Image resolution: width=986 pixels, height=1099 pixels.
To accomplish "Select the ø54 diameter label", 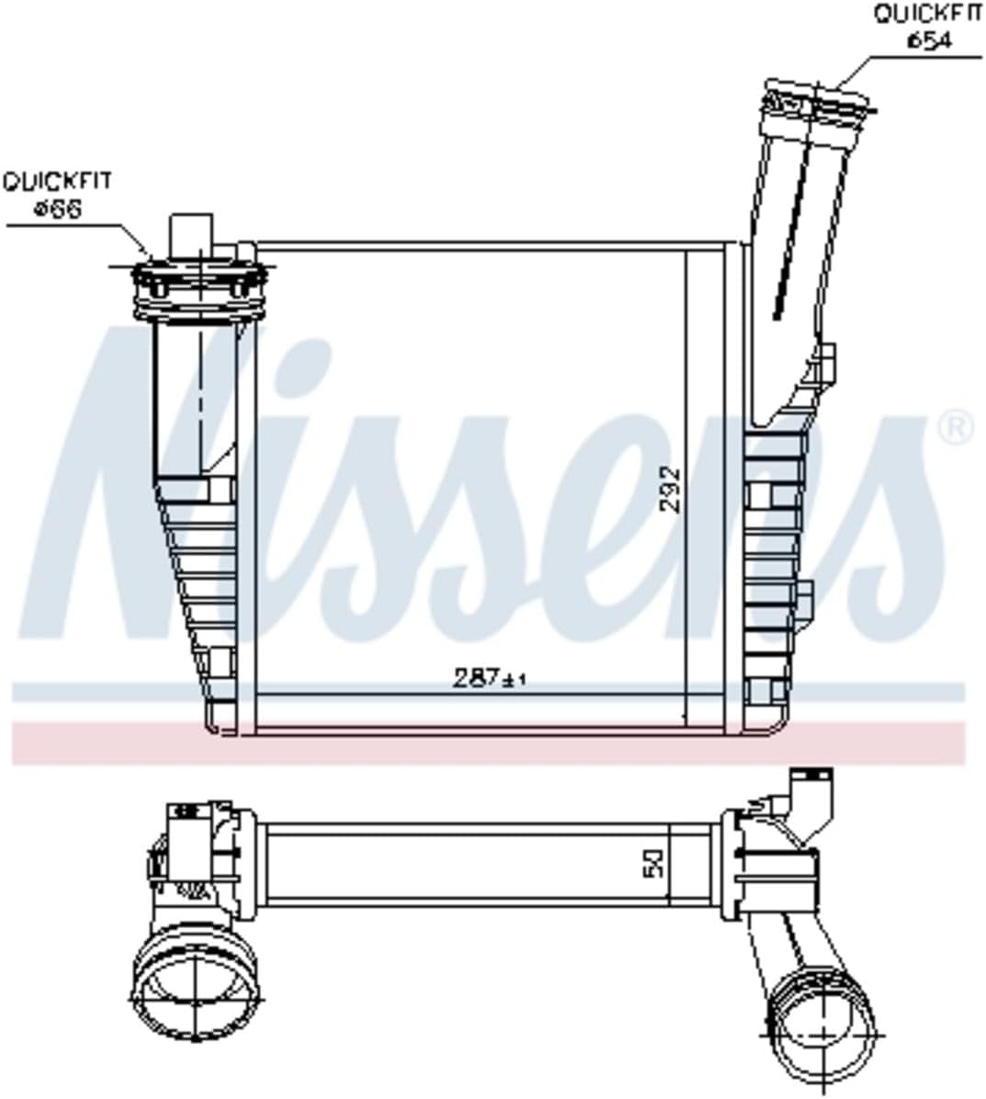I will [929, 40].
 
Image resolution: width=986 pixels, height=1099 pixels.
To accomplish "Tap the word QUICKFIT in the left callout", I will [56, 181].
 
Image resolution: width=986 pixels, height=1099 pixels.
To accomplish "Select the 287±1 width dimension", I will [490, 678].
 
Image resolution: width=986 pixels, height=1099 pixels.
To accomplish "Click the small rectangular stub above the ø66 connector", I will [192, 235].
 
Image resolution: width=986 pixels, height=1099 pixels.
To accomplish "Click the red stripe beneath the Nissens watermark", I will [487, 742].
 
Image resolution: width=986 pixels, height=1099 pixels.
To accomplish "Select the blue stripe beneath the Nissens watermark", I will [487, 691].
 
